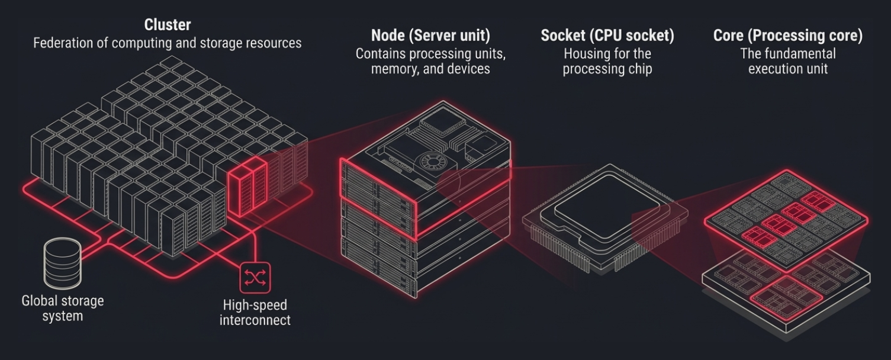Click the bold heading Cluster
tap(168, 25)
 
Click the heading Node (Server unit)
tap(430, 35)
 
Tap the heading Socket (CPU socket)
tap(607, 36)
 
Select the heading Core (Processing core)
tap(787, 36)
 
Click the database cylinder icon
tap(62, 263)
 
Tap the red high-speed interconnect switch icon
tap(255, 277)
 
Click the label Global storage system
tap(62, 308)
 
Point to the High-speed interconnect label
tap(255, 313)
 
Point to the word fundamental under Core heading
tap(799, 54)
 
